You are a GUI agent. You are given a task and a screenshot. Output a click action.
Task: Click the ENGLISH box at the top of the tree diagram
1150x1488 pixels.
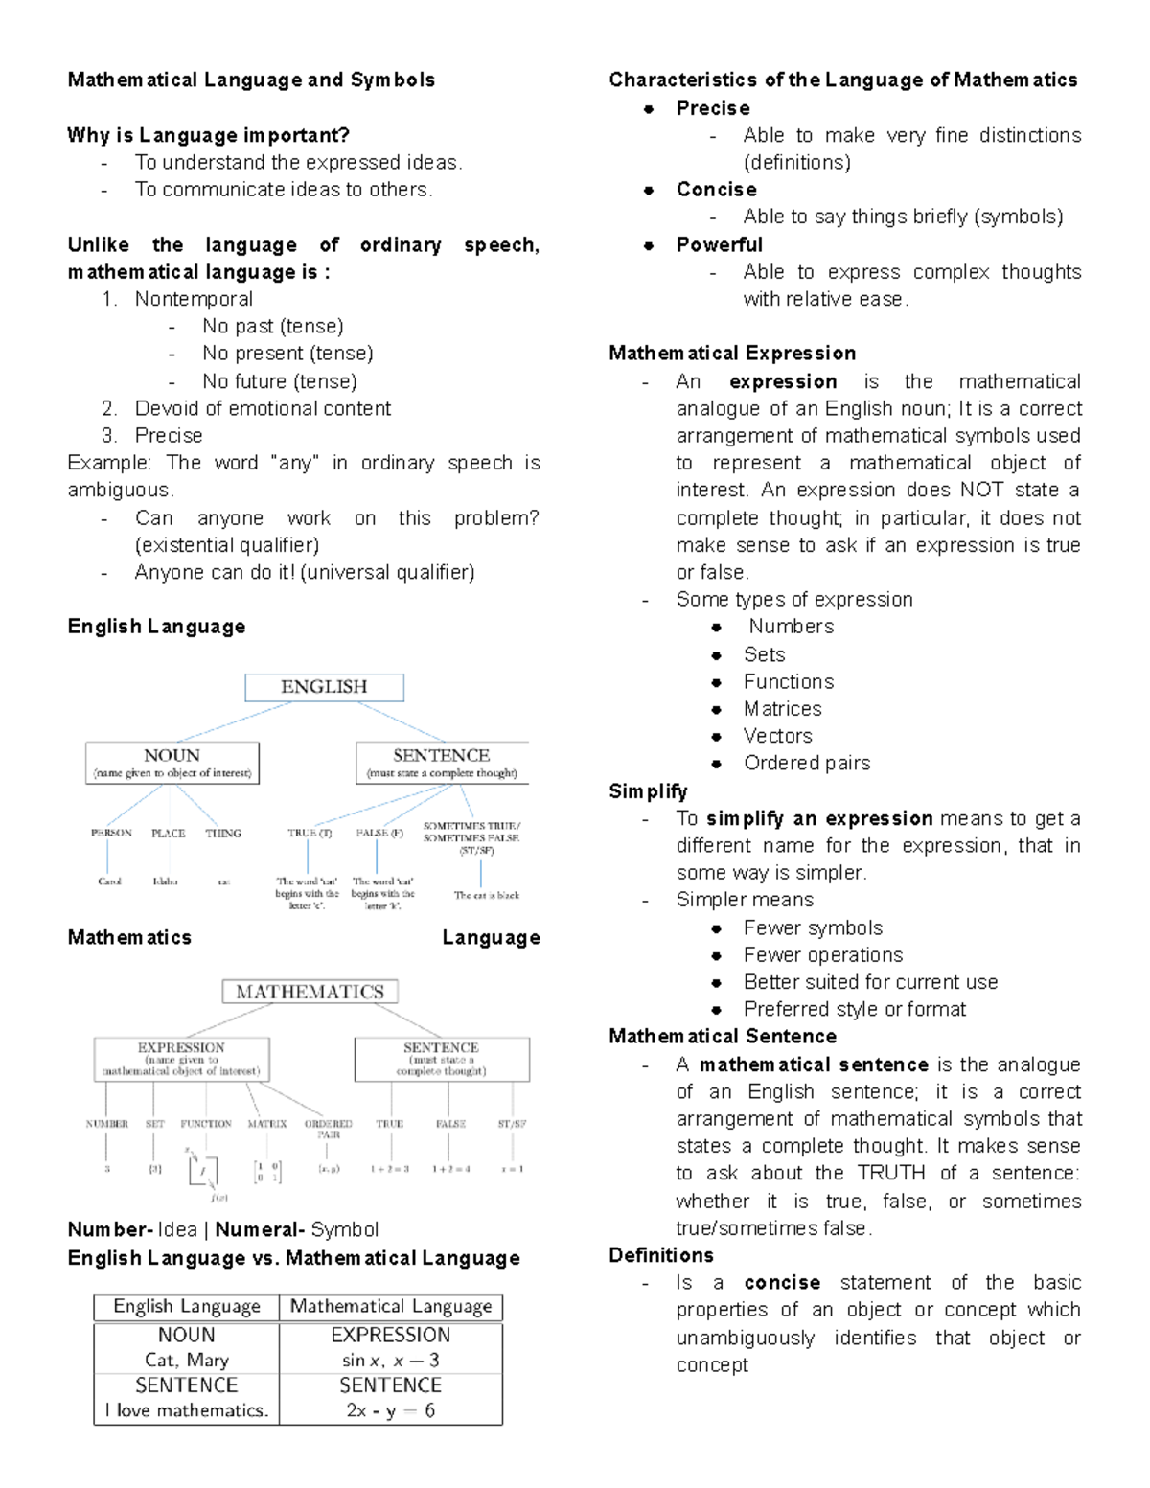pos(324,687)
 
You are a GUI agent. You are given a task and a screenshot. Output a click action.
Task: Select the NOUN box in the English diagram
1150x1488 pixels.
pos(172,763)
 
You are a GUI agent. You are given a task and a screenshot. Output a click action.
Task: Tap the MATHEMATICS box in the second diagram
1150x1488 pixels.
pos(310,992)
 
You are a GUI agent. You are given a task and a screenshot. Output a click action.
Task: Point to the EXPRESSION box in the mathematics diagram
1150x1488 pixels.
pos(181,1059)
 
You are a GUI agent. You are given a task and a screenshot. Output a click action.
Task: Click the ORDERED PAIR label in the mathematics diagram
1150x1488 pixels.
pos(328,1129)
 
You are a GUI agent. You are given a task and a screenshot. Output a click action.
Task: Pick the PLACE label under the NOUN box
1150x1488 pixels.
pos(168,834)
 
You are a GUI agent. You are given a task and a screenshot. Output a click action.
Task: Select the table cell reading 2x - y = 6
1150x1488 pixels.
pos(390,1410)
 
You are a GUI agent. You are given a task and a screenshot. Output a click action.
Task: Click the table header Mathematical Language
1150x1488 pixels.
pos(390,1306)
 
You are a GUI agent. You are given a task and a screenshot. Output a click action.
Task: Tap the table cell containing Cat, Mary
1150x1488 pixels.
pos(187,1360)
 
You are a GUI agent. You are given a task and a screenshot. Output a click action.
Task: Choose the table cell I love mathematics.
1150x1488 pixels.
pos(187,1410)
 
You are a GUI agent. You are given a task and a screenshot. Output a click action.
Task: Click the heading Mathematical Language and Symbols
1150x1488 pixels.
pos(251,80)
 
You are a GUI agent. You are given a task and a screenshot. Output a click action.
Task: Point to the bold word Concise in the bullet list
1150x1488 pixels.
pos(716,190)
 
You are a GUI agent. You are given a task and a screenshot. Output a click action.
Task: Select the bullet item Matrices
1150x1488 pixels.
pos(782,709)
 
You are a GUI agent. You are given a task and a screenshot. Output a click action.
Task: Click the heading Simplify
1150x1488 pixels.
pos(648,791)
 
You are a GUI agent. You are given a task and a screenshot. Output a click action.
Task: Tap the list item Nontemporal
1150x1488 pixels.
pos(194,299)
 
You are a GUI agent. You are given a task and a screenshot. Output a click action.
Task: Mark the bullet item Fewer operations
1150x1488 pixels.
pos(822,955)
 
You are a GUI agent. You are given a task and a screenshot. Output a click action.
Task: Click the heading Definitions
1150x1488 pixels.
pos(661,1255)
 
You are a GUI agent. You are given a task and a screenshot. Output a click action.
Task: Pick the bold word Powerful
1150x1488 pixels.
pos(719,245)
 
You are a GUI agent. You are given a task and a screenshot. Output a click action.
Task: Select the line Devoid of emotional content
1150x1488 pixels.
pos(263,408)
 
